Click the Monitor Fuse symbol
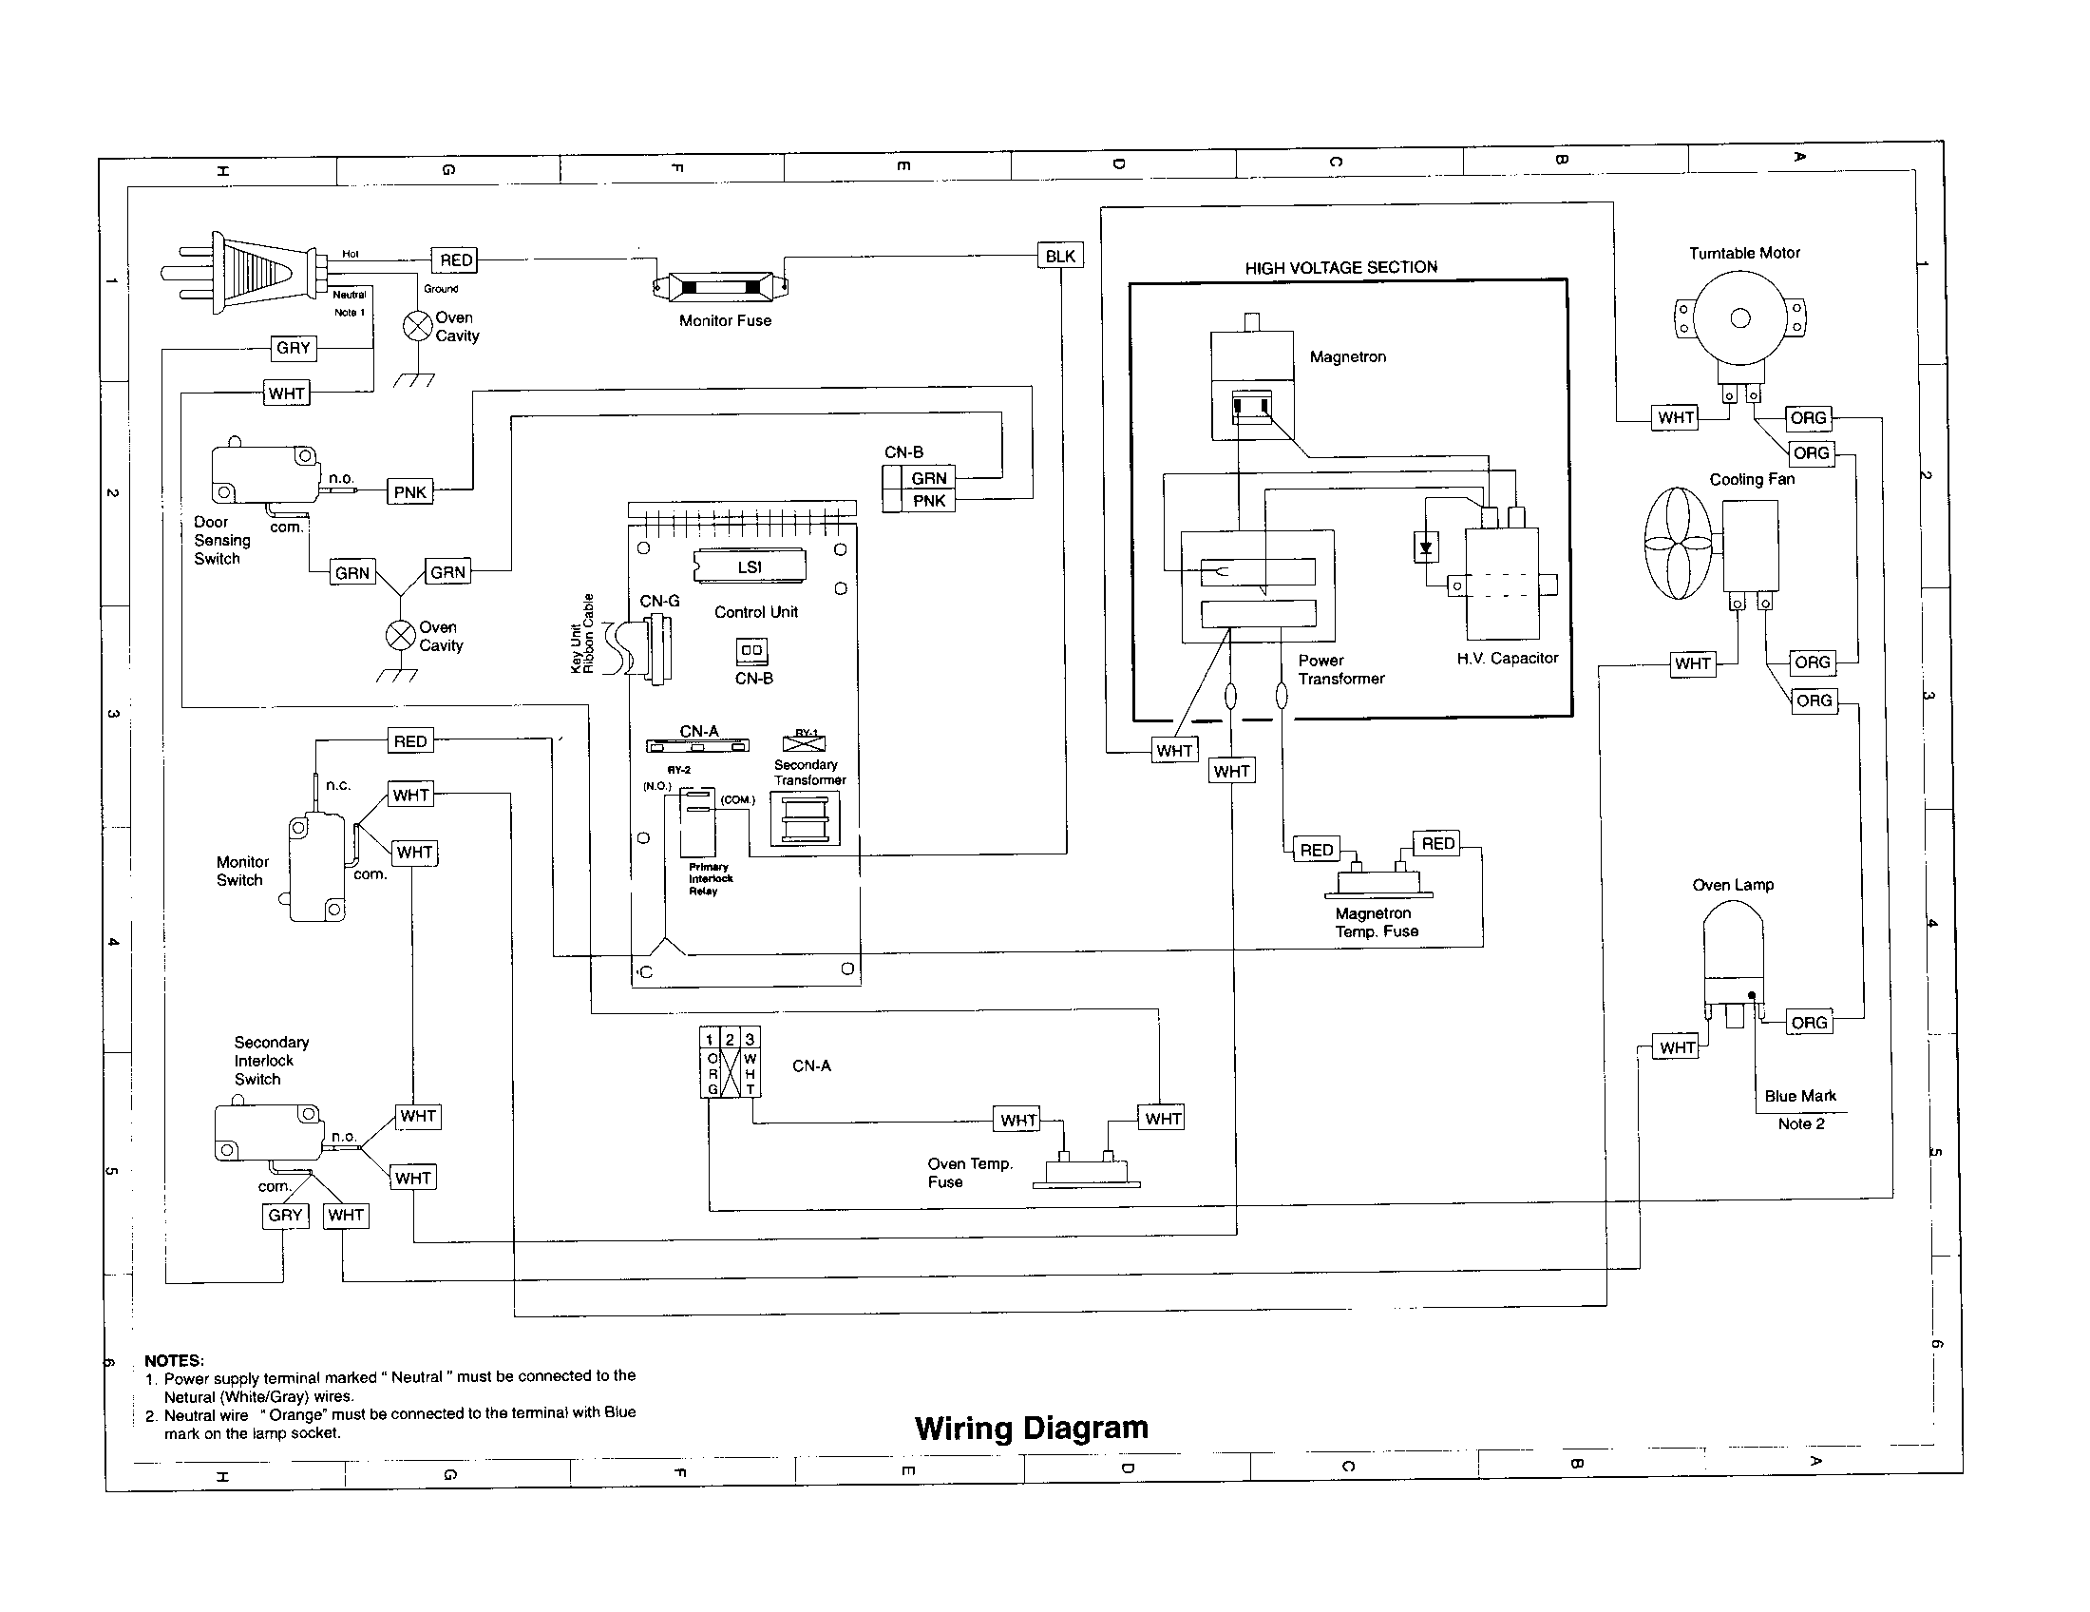click(x=721, y=285)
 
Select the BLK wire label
click(x=1059, y=256)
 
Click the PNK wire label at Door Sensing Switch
click(x=409, y=492)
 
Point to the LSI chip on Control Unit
click(x=750, y=566)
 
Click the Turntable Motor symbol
click(x=1738, y=318)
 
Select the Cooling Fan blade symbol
click(x=1678, y=543)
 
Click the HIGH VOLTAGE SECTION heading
click(x=1339, y=268)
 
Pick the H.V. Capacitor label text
click(x=1507, y=659)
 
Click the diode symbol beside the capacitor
click(x=1426, y=547)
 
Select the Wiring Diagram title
click(x=1031, y=1429)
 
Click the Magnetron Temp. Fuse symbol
click(x=1378, y=881)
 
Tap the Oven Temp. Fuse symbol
click(x=1086, y=1171)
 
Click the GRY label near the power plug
click(x=293, y=349)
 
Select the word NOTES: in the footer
click(x=173, y=1360)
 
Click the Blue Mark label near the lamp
click(x=1799, y=1096)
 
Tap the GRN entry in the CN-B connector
click(x=928, y=478)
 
